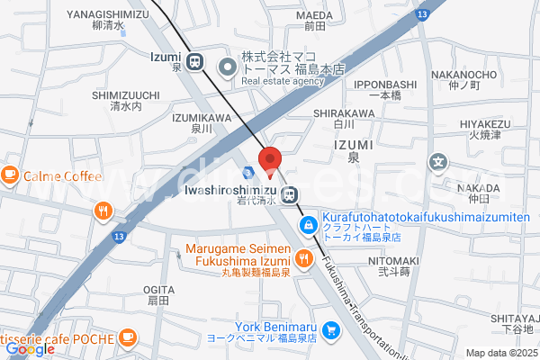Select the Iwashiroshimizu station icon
point(290,194)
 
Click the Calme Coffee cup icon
point(11,175)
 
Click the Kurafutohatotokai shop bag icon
point(308,221)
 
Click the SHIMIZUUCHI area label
point(125,94)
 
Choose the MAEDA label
point(314,15)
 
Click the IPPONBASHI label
point(384,84)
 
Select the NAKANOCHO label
point(489,75)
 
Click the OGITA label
point(158,289)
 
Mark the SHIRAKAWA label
point(343,112)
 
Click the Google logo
point(30,349)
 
